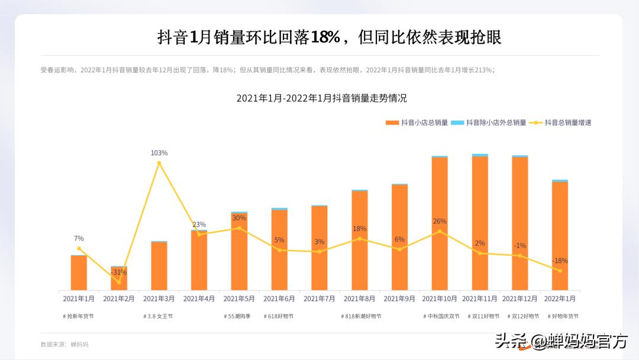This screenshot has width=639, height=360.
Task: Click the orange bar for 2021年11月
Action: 480,225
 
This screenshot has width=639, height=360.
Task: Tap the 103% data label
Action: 159,153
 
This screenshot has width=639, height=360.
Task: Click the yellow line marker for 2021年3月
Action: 159,163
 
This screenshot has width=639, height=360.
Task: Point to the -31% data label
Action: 119,272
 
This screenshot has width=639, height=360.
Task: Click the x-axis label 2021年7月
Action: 319,299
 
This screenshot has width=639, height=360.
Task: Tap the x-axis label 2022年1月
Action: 560,299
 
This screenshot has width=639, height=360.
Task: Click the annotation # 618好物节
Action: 279,316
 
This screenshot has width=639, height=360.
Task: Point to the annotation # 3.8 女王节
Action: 158,316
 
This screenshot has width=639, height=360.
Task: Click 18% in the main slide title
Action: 325,37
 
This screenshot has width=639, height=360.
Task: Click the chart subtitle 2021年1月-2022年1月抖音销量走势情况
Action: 321,98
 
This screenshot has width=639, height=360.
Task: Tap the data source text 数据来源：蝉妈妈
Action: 64,344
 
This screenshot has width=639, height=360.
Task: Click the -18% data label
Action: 560,261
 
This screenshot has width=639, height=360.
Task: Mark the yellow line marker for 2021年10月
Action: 440,232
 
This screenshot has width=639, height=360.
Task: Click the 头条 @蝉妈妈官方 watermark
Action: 561,341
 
